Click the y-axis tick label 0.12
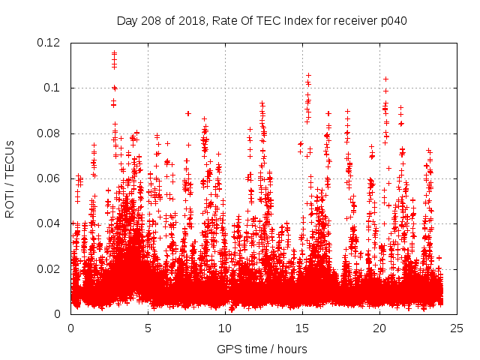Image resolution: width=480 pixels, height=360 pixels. pyautogui.click(x=52, y=43)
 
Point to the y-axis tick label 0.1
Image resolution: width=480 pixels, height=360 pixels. pyautogui.click(x=55, y=88)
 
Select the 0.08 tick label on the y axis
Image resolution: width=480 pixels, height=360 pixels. pyautogui.click(x=52, y=133)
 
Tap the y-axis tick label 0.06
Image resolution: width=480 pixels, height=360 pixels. pyautogui.click(x=52, y=178)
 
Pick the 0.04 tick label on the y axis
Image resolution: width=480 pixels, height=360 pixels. pyautogui.click(x=52, y=223)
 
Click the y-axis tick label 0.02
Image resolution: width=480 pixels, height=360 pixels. pyautogui.click(x=52, y=268)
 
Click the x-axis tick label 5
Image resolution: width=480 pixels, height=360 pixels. pyautogui.click(x=148, y=328)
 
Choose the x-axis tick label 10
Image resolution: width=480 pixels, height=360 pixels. pyautogui.click(x=225, y=328)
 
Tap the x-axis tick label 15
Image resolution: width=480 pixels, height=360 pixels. pyautogui.click(x=302, y=328)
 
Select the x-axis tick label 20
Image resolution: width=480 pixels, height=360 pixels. pyautogui.click(x=379, y=328)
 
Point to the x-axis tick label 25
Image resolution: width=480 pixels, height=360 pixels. pyautogui.click(x=457, y=328)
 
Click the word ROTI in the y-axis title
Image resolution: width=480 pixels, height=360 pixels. pyautogui.click(x=10, y=205)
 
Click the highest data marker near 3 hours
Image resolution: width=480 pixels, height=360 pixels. pyautogui.click(x=114, y=52)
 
